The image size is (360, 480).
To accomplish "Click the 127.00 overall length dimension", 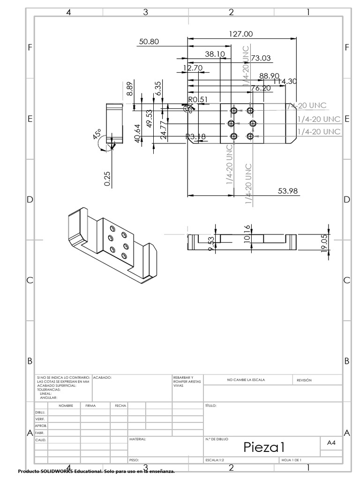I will (x=241, y=34).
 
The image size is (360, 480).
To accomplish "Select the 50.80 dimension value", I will (x=150, y=42).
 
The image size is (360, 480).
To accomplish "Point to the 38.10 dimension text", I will (x=215, y=54).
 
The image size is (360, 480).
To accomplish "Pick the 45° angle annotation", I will (x=97, y=135).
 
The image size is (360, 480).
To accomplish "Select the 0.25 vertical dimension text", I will (x=107, y=178).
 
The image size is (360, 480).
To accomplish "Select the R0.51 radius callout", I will (x=197, y=99).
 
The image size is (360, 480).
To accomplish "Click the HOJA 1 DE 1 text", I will (x=291, y=460).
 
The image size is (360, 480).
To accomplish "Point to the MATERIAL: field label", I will (x=137, y=439).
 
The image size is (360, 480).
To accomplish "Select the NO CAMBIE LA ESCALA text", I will (x=246, y=380).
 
